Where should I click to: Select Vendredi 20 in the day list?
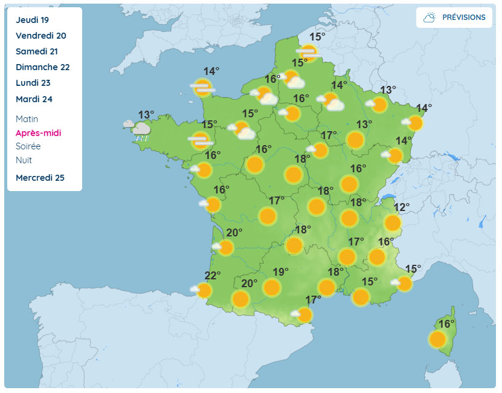pyautogui.click(x=41, y=36)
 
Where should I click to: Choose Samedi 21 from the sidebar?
pyautogui.click(x=37, y=51)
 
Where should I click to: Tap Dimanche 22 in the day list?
pyautogui.click(x=43, y=67)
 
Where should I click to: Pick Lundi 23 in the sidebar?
pyautogui.click(x=33, y=83)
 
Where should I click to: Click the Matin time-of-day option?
pyautogui.click(x=27, y=119)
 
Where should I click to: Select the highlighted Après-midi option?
pyautogui.click(x=39, y=133)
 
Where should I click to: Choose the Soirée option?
pyautogui.click(x=28, y=146)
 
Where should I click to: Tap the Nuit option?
pyautogui.click(x=24, y=160)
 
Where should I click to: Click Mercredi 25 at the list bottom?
pyautogui.click(x=40, y=178)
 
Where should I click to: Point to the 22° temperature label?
pyautogui.click(x=212, y=276)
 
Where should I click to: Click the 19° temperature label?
pyautogui.click(x=281, y=271)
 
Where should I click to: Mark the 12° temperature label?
pyautogui.click(x=402, y=207)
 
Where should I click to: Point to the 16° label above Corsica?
pyautogui.click(x=446, y=324)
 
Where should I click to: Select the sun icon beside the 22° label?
pyautogui.click(x=204, y=290)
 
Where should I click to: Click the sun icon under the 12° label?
pyautogui.click(x=393, y=223)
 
